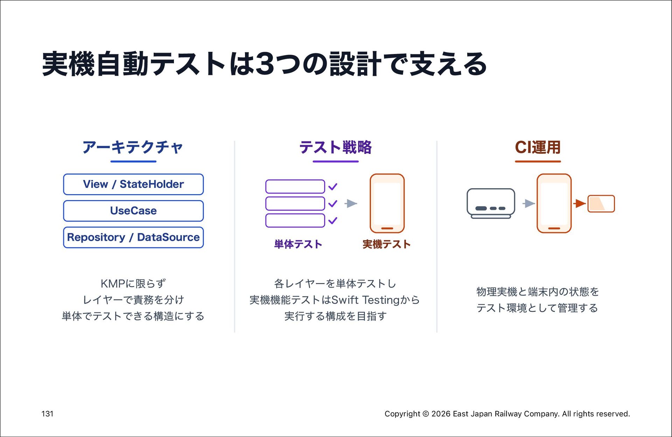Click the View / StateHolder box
click(133, 184)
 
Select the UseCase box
click(133, 211)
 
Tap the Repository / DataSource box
click(133, 238)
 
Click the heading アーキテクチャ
click(133, 147)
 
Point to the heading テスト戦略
click(335, 147)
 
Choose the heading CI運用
click(538, 147)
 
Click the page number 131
click(48, 414)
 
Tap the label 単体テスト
click(298, 244)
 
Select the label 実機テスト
click(386, 244)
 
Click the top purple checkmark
click(333, 187)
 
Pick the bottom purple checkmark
click(333, 220)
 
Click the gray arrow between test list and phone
click(351, 204)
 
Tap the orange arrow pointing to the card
click(580, 203)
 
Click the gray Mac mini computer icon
click(491, 204)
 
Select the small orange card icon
click(601, 204)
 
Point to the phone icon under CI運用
click(554, 204)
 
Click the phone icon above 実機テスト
click(387, 204)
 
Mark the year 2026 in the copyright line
click(441, 414)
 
